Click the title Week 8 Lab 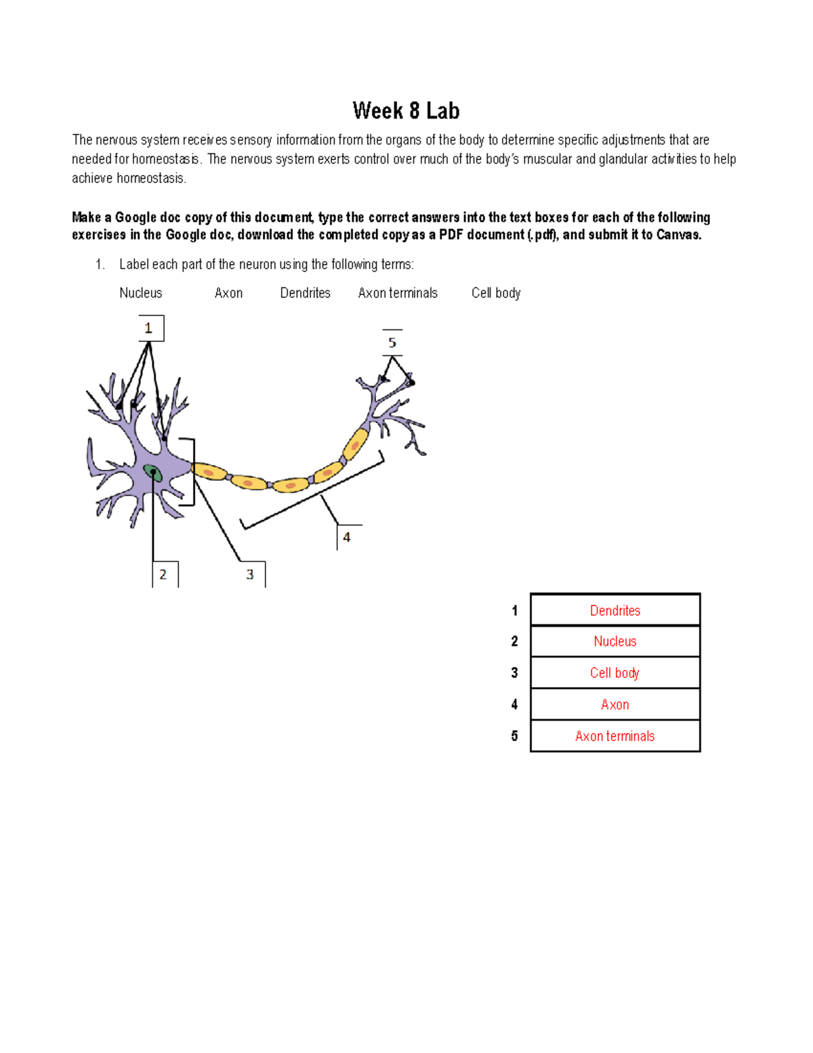point(406,111)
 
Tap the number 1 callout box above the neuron point(150,329)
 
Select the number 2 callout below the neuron point(163,574)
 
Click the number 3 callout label point(250,574)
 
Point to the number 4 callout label point(347,537)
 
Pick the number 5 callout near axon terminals point(392,342)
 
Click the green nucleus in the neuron point(153,473)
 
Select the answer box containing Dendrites point(614,610)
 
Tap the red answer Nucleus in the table point(614,641)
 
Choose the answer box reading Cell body point(614,673)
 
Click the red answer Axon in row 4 point(614,704)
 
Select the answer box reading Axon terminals point(614,736)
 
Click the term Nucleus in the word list point(141,293)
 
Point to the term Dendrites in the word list point(305,293)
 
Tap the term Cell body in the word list point(496,293)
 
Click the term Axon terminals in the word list point(398,293)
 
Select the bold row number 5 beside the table point(515,736)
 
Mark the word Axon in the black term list point(228,293)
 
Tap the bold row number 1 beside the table point(515,611)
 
